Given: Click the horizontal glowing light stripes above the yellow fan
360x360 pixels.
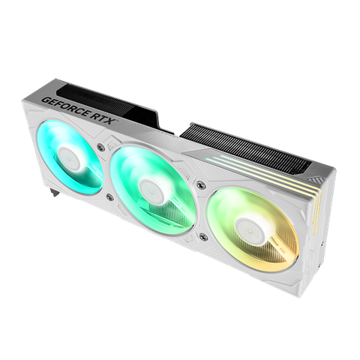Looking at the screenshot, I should (247, 165).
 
